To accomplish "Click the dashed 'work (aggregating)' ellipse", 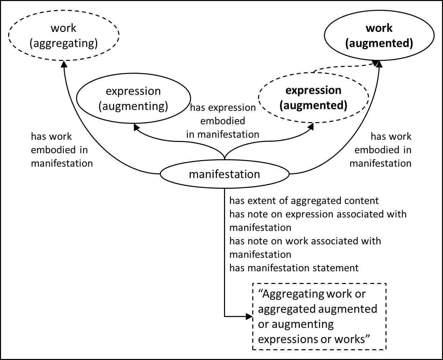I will point(64,35).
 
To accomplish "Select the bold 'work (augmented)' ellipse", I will point(379,35).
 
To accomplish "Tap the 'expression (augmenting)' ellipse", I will point(133,98).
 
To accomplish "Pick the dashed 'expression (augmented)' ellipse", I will point(313,98).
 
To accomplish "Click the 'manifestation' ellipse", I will point(224,174).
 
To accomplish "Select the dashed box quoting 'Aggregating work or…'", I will point(319,317).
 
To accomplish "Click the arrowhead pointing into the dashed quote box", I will point(249,317).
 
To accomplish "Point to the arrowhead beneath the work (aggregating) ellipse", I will point(63,64).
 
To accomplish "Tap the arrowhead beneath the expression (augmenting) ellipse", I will point(136,127).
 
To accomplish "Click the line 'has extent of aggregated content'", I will point(304,201).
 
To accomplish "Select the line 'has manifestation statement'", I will point(294,268).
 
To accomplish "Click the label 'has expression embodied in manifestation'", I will point(222,121).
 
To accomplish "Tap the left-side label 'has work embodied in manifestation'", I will point(62,150).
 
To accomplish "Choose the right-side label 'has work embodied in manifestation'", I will point(381,150).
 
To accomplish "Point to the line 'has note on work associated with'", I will point(305,241).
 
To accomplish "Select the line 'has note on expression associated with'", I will point(318,214).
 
